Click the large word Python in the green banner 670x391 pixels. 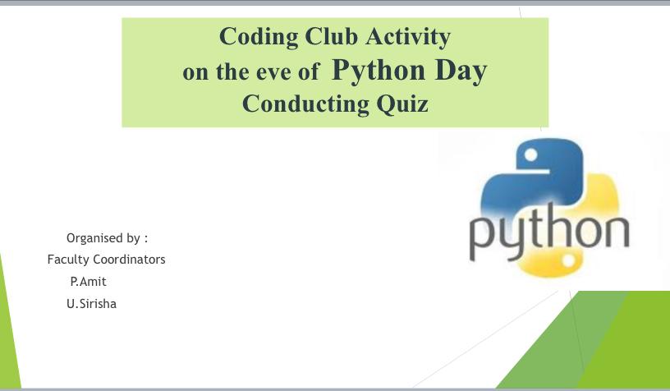[379, 71]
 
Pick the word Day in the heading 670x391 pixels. [461, 71]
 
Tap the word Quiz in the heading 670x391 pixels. [402, 104]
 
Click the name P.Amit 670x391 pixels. [89, 282]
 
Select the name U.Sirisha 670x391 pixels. [91, 304]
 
